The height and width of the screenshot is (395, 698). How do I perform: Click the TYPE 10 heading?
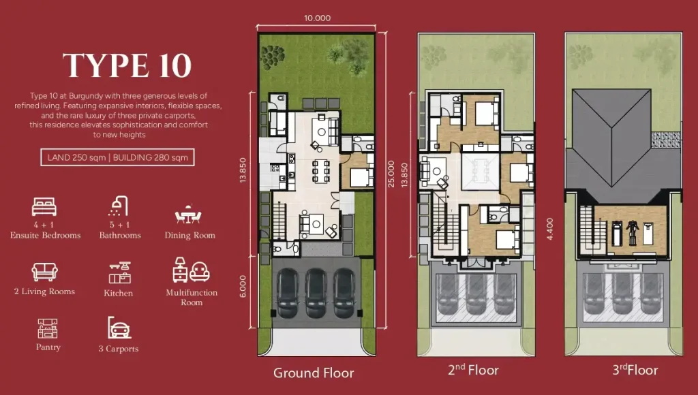point(127,65)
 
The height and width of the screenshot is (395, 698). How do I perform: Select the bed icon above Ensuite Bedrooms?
point(44,206)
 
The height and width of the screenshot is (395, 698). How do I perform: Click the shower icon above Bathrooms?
point(119,206)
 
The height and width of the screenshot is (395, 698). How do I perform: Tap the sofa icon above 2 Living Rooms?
point(44,272)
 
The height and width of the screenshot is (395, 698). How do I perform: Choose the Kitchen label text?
point(119,293)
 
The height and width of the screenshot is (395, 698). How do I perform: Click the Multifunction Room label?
point(192,298)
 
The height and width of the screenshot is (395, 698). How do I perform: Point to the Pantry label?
point(48,347)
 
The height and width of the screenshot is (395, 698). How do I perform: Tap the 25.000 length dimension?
point(390,167)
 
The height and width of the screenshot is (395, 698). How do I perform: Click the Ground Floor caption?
point(314,373)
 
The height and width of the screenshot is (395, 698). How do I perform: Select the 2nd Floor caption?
point(473,370)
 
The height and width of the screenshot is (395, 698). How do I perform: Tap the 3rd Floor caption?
point(635,370)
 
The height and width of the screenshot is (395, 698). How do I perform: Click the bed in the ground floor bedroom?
point(359,177)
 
